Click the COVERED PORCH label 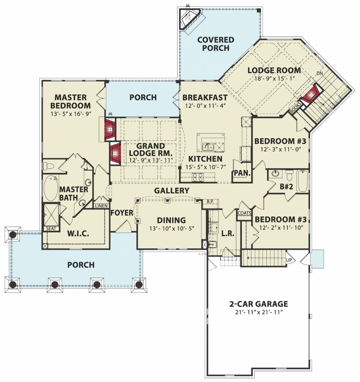coord(216,44)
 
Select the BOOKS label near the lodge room coord(295,107)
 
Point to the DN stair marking coord(320,73)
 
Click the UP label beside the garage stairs coord(289,260)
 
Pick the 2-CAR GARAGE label coord(259,304)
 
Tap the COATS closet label coord(244,213)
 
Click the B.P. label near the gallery coord(210,202)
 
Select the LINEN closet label coord(101,206)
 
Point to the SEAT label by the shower coord(51,228)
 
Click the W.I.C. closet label coord(78,234)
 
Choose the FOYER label coord(122,213)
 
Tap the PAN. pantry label coord(242,173)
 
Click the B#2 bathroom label coord(286,187)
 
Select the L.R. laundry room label coord(228,234)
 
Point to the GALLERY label coord(172,191)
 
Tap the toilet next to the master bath coord(49,166)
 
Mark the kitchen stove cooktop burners coord(198,177)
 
